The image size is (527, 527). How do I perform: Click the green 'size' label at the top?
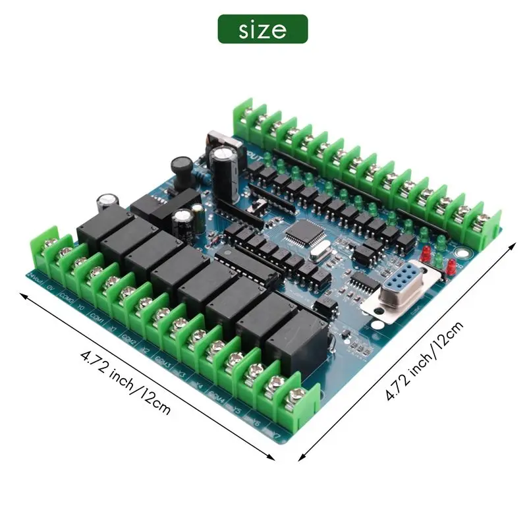263,30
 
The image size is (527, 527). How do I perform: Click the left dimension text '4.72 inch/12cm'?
125,382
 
